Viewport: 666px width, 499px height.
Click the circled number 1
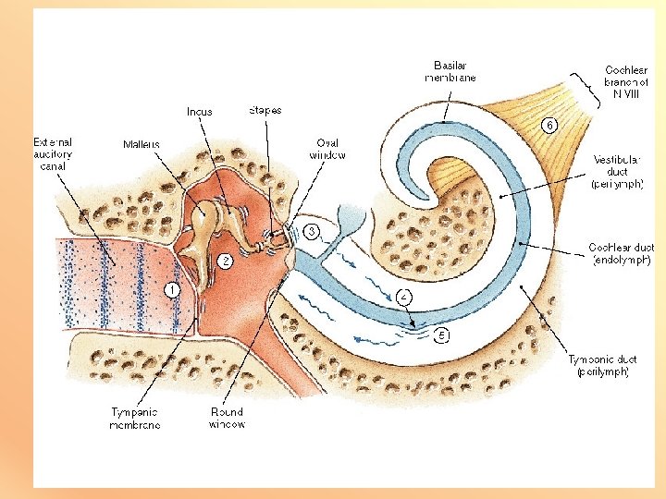point(171,289)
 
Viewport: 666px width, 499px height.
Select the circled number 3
point(313,229)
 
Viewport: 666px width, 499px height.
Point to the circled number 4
point(404,297)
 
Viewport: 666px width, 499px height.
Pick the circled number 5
point(442,335)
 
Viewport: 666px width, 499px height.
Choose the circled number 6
point(549,124)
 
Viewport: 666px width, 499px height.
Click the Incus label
point(199,112)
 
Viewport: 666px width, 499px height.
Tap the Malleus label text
point(142,144)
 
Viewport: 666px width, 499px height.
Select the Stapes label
point(265,110)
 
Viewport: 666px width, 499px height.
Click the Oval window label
point(328,149)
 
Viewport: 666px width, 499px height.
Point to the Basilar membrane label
point(450,71)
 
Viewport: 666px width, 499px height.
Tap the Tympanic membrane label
point(134,418)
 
